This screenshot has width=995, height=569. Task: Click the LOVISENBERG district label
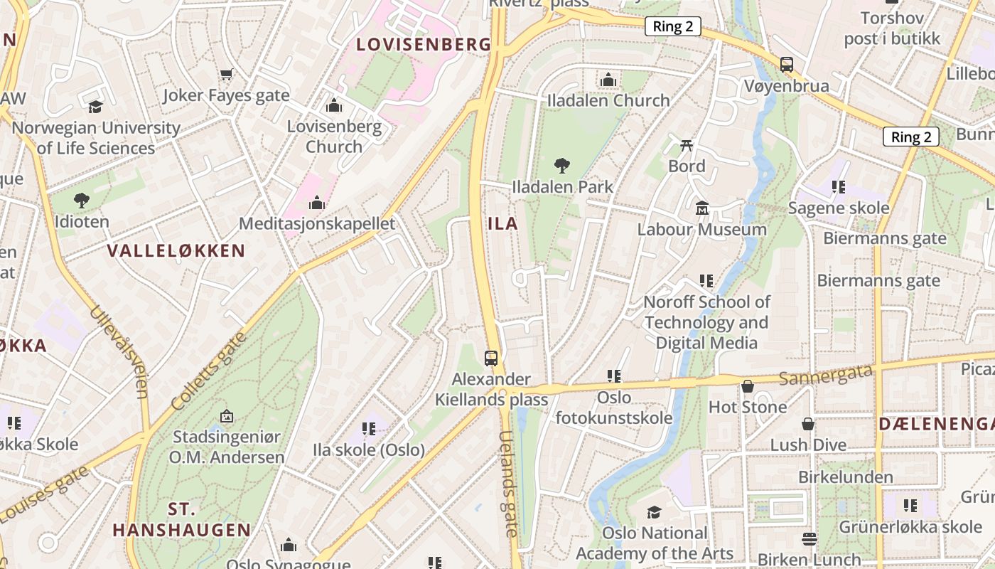click(x=424, y=44)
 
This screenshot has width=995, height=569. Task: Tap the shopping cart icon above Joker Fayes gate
click(x=227, y=74)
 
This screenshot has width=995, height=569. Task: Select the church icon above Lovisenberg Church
click(x=334, y=106)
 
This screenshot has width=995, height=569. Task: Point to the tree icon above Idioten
click(x=82, y=201)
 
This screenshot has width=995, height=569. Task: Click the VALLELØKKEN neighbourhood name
click(x=176, y=250)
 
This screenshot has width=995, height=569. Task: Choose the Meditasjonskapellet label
click(x=316, y=223)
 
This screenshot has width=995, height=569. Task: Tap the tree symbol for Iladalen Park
click(x=562, y=166)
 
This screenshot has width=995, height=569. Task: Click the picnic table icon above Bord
click(x=687, y=145)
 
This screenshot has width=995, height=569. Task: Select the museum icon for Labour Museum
click(x=702, y=208)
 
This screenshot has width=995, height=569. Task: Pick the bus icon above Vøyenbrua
click(x=787, y=65)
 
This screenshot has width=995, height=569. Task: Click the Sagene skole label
click(x=839, y=208)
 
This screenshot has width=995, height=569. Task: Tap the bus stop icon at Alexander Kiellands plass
click(x=491, y=358)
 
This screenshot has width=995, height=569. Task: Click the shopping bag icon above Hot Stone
click(x=748, y=386)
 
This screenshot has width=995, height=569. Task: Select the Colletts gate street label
click(x=210, y=371)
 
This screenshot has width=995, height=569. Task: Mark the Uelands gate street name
click(x=509, y=484)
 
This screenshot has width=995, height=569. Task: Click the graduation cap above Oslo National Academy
click(x=654, y=512)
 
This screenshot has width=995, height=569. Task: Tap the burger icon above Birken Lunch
click(x=809, y=538)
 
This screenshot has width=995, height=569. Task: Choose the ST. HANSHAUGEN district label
click(x=182, y=519)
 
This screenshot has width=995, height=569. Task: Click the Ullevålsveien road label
click(x=120, y=352)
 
